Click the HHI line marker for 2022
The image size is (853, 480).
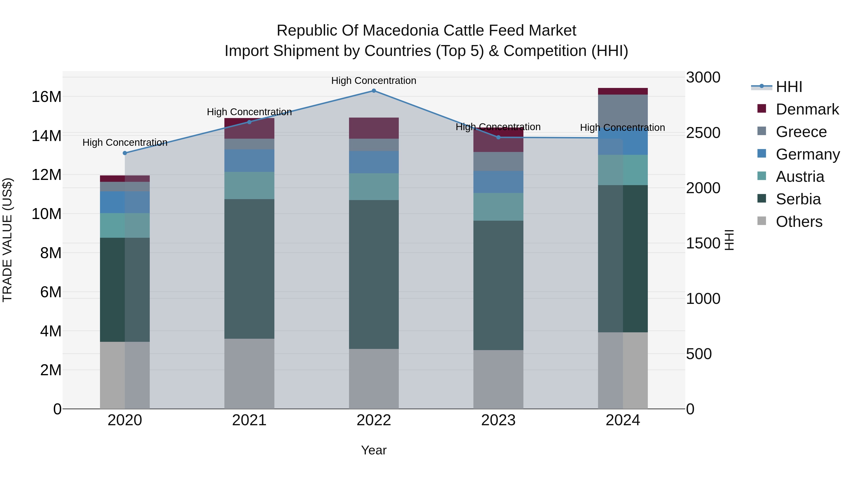point(374,91)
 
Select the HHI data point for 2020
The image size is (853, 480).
point(125,153)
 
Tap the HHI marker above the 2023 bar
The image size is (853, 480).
point(498,137)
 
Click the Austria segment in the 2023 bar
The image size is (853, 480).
point(498,207)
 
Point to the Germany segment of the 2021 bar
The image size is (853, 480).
point(249,161)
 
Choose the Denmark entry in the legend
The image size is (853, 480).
point(807,109)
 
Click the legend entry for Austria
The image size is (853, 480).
point(800,177)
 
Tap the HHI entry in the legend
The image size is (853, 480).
point(789,87)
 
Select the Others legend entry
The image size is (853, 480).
point(799,222)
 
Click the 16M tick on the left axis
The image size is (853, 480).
point(46,97)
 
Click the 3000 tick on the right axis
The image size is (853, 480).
point(703,78)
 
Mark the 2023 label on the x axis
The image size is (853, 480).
point(498,420)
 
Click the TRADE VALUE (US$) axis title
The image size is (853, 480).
point(7,240)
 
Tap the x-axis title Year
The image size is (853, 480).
point(374,450)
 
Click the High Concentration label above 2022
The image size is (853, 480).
point(374,81)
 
